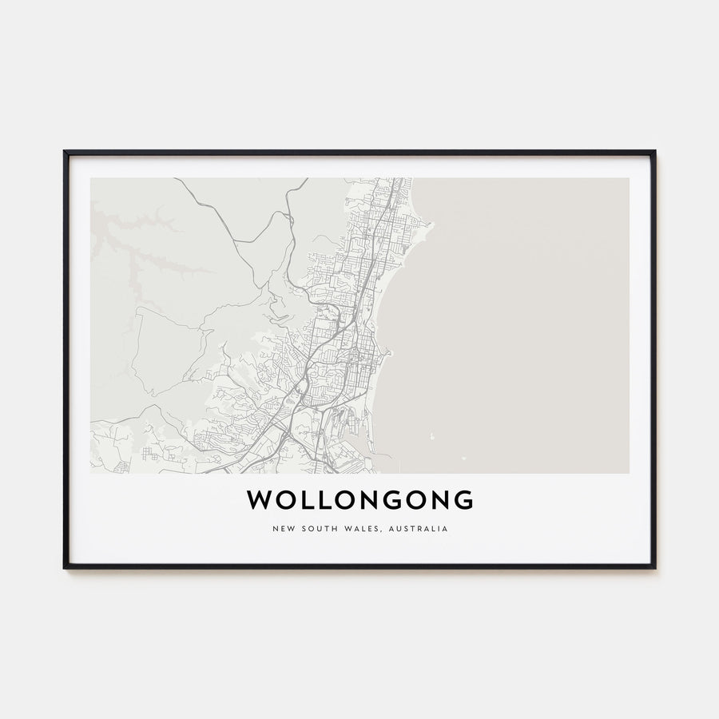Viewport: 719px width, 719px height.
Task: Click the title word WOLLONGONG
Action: pyautogui.click(x=359, y=500)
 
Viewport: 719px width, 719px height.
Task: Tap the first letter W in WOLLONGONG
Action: pyautogui.click(x=257, y=500)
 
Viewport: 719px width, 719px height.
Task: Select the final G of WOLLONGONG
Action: pyautogui.click(x=463, y=500)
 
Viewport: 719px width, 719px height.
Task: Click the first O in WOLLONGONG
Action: pyautogui.click(x=280, y=500)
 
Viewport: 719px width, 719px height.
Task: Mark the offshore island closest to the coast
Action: pyautogui.click(x=432, y=437)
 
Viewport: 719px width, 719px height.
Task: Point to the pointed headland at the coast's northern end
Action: pyautogui.click(x=430, y=224)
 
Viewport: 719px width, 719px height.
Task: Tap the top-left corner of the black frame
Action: pyautogui.click(x=65, y=152)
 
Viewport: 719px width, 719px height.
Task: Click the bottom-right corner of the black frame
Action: pyautogui.click(x=654, y=567)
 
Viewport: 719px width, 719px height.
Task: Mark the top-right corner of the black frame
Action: pyautogui.click(x=654, y=152)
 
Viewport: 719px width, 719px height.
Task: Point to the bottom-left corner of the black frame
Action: pyautogui.click(x=65, y=567)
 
